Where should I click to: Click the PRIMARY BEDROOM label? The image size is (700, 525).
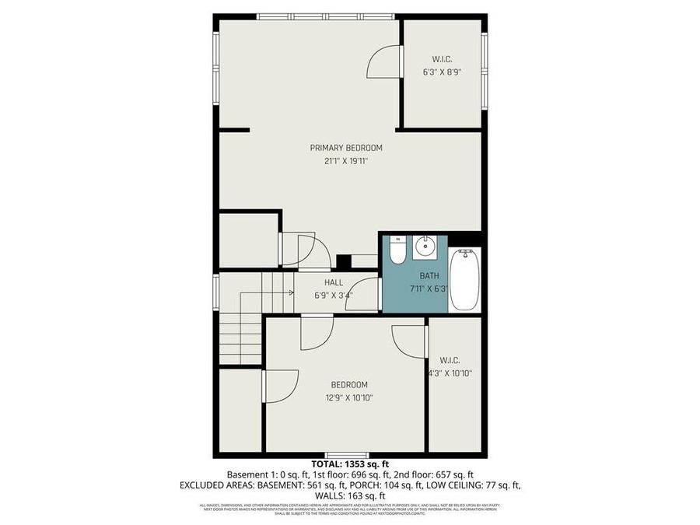346,148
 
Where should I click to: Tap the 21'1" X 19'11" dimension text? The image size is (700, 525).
346,162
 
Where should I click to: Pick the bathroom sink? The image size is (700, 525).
425,247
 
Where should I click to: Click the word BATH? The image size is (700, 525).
429,275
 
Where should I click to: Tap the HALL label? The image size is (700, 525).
334,282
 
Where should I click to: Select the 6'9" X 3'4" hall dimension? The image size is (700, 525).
334,296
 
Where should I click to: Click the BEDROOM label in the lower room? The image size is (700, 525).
349,384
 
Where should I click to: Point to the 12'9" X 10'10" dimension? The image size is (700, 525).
349,398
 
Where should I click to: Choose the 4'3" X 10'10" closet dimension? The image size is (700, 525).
450,373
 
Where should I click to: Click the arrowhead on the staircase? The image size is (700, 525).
291,292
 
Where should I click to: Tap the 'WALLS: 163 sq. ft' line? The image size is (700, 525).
349,495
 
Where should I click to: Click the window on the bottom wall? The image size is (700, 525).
346,455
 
